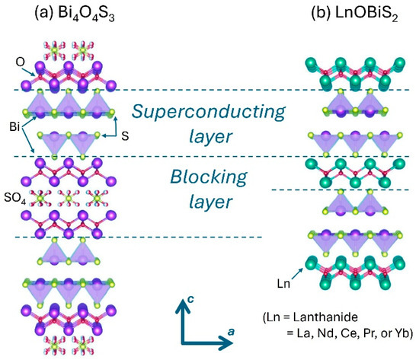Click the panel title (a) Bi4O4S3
pos(70,14)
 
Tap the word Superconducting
pos(209,111)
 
